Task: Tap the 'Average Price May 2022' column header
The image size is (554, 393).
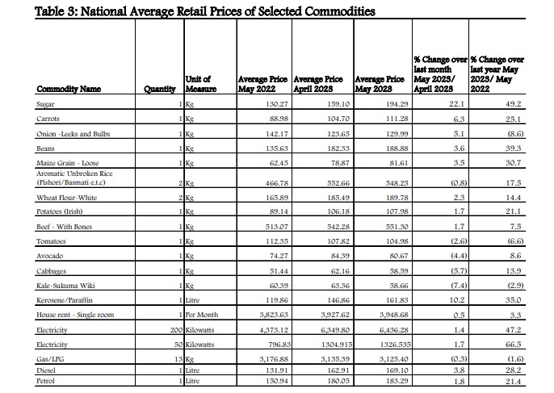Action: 259,84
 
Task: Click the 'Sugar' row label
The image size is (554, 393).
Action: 46,104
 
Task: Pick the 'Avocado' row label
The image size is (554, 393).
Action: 51,255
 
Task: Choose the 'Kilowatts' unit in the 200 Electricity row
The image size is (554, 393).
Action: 202,331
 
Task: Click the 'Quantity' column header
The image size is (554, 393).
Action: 160,89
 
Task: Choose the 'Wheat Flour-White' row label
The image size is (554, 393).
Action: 66,197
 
